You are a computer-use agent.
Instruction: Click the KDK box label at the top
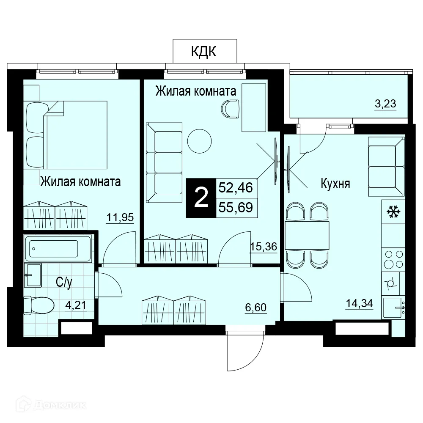click(x=204, y=51)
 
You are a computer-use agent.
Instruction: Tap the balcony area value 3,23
click(x=385, y=104)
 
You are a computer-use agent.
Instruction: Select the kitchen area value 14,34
click(x=359, y=303)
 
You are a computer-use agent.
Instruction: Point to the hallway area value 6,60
click(x=256, y=308)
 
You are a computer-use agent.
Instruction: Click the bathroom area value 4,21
click(x=76, y=305)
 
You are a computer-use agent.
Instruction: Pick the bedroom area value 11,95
click(x=120, y=217)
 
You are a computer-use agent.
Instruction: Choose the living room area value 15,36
click(x=264, y=247)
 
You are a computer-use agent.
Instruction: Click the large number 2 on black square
click(x=201, y=198)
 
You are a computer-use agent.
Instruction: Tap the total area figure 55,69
click(x=236, y=207)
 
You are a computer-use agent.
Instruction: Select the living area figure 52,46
click(x=236, y=187)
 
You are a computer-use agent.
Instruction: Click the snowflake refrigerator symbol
click(x=393, y=212)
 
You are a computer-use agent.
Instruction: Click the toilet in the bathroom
click(x=38, y=305)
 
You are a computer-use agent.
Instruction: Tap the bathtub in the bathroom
click(x=58, y=248)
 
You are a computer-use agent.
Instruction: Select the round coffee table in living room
click(x=199, y=141)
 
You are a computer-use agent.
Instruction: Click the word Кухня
click(x=335, y=184)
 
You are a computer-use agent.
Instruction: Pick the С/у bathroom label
click(x=64, y=282)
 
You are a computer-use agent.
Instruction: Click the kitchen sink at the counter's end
click(x=393, y=308)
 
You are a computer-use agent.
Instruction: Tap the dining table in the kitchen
click(x=307, y=236)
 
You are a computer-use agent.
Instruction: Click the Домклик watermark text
click(x=51, y=405)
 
